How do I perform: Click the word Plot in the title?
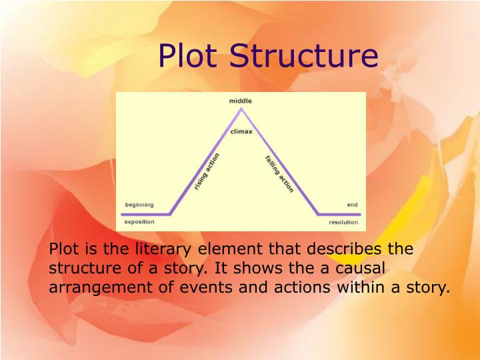click(x=189, y=56)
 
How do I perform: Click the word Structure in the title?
click(x=303, y=56)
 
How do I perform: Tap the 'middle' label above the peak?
click(x=241, y=101)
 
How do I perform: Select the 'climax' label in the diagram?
click(x=241, y=131)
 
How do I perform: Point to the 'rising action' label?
click(x=207, y=172)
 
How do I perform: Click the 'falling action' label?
click(x=279, y=174)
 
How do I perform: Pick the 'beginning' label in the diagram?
click(x=139, y=205)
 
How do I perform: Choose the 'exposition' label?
click(x=139, y=221)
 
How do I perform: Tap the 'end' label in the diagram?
click(x=352, y=205)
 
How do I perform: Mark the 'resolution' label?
click(x=343, y=222)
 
